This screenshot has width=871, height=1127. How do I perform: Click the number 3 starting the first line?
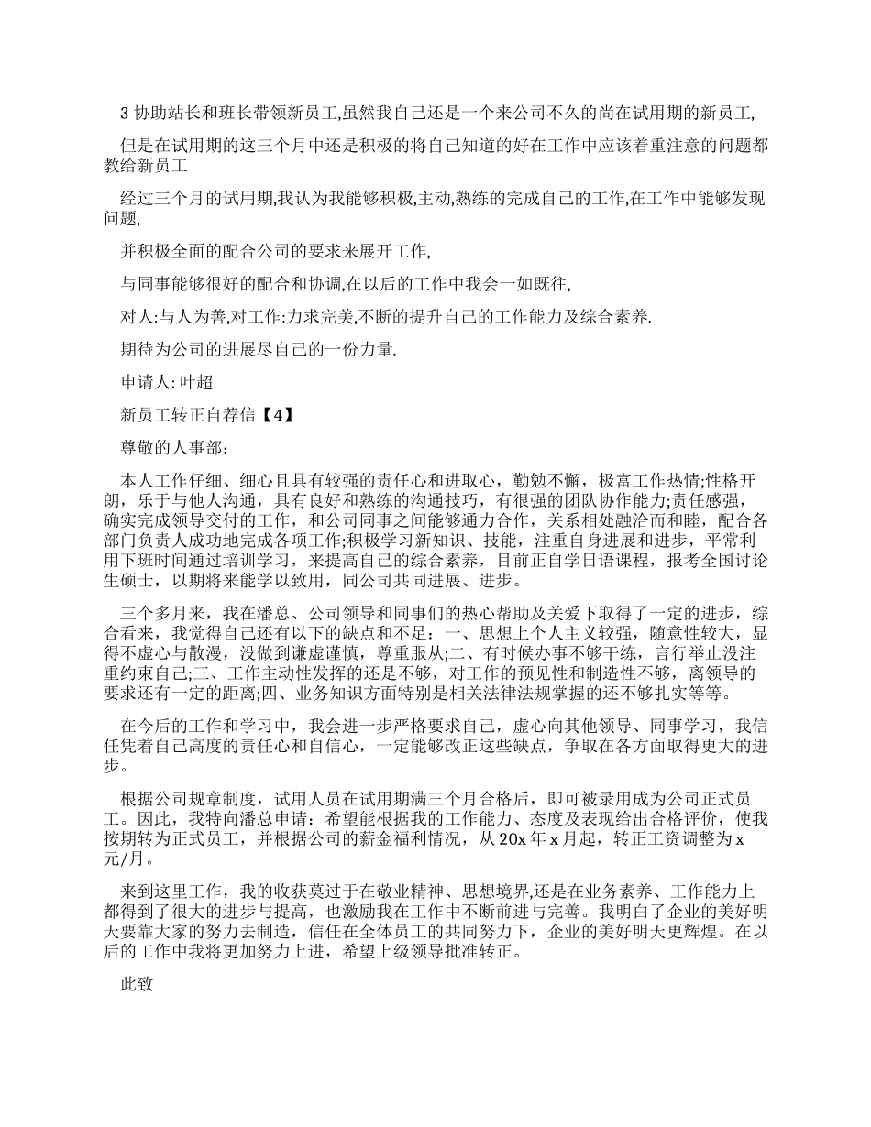(126, 114)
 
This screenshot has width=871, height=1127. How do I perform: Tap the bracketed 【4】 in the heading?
(276, 414)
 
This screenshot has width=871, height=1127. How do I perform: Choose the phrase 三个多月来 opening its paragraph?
(161, 613)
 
